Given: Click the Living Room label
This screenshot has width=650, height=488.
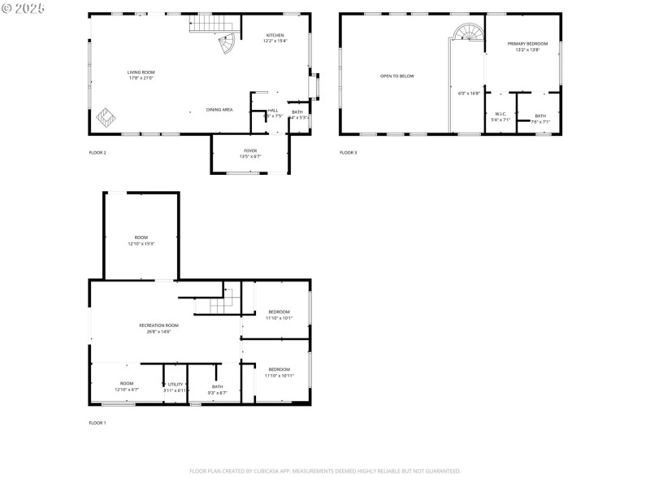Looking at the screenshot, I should pyautogui.click(x=141, y=72).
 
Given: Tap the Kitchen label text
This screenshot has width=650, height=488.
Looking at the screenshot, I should pyautogui.click(x=275, y=35).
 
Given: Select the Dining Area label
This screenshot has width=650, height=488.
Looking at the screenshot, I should pyautogui.click(x=219, y=109).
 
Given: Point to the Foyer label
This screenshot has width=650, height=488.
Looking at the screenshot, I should pyautogui.click(x=250, y=150).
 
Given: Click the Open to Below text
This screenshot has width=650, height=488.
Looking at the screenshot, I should pyautogui.click(x=397, y=76).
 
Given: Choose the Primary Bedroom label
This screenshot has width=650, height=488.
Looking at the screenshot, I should pyautogui.click(x=527, y=43).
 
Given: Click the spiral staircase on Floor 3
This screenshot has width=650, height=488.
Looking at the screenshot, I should pyautogui.click(x=467, y=33).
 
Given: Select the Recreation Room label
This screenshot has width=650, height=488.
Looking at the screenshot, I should pyautogui.click(x=158, y=325).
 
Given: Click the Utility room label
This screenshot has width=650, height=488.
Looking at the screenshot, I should pyautogui.click(x=175, y=383).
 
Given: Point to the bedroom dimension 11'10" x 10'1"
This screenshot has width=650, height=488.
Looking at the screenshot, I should pyautogui.click(x=279, y=318).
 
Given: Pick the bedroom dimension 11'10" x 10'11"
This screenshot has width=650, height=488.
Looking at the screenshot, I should pyautogui.click(x=279, y=376).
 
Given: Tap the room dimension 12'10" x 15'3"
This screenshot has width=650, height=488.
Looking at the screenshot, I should pyautogui.click(x=141, y=243).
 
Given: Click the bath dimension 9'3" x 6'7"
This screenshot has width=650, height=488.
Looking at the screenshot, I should pyautogui.click(x=217, y=392).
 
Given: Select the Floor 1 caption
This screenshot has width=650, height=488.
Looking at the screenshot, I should pyautogui.click(x=97, y=423).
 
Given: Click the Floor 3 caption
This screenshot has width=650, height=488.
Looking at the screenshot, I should pyautogui.click(x=348, y=152).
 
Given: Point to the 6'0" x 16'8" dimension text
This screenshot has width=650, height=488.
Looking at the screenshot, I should pyautogui.click(x=469, y=93).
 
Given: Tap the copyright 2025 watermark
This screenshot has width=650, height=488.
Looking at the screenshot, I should pyautogui.click(x=24, y=7).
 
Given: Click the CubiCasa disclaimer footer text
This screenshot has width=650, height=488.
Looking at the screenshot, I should pyautogui.click(x=325, y=470).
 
